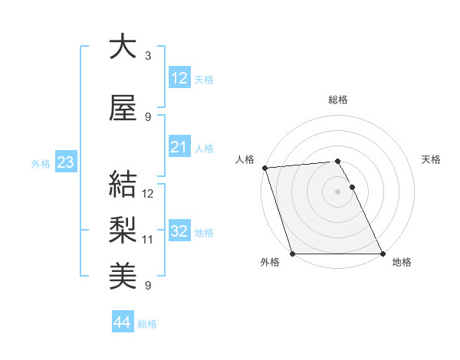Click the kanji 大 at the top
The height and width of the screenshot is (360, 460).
123,47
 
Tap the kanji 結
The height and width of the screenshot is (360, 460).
123,185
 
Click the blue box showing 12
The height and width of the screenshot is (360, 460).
179,78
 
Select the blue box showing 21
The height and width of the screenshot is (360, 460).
179,147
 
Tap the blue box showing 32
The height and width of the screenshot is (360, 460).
179,231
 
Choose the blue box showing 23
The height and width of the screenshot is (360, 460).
65,162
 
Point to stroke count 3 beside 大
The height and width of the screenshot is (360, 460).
148,56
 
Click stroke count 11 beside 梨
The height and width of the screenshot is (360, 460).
149,240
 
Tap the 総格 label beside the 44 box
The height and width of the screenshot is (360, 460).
148,324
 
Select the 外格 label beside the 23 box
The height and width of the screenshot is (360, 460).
41,163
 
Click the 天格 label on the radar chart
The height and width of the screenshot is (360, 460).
432,159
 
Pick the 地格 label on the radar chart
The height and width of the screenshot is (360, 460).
402,263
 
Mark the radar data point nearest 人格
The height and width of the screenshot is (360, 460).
264,168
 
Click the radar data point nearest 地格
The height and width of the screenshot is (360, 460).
383,254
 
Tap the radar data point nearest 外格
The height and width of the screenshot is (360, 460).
292,254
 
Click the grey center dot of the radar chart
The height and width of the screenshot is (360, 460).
337,191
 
